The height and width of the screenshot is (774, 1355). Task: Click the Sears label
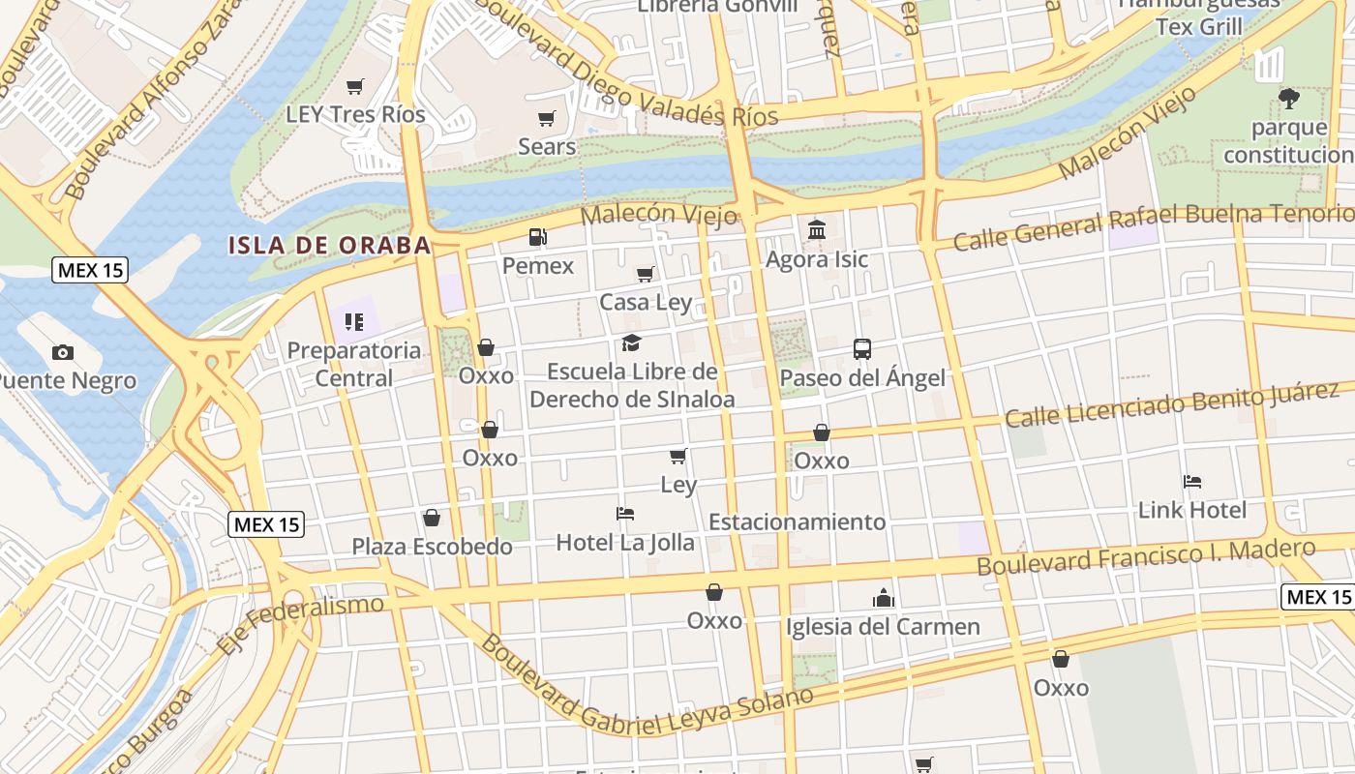[547, 147]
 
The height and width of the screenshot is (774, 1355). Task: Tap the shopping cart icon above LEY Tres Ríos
[355, 87]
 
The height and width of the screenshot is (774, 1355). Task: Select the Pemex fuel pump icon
[537, 237]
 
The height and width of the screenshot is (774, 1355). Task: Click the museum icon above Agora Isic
[816, 230]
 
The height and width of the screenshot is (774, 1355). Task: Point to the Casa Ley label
[646, 302]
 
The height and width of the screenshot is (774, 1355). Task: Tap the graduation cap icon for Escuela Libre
[632, 342]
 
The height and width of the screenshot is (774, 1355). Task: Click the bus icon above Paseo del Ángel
[861, 349]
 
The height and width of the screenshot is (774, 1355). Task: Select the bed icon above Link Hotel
[1192, 481]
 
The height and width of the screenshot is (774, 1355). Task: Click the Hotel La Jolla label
[625, 543]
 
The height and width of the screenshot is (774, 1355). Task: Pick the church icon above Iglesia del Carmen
[883, 598]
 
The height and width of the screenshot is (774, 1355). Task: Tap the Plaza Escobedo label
[432, 547]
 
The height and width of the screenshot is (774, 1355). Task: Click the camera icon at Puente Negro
[63, 352]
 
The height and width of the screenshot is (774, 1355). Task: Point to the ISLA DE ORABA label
[330, 245]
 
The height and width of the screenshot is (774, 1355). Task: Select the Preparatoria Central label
[354, 364]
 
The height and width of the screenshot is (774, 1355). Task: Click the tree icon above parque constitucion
[1288, 98]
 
